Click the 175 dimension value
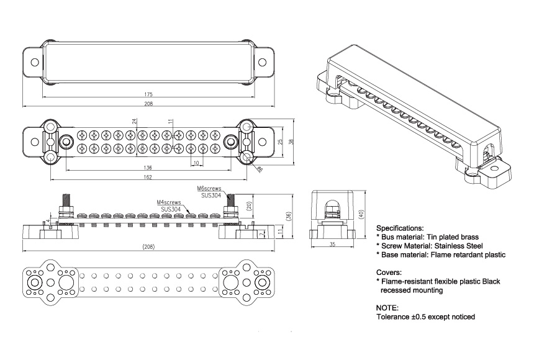point(148,94)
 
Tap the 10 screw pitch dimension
point(196,163)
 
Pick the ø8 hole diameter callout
point(260,168)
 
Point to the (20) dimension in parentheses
point(248,205)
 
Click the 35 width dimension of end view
point(332,245)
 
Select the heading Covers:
point(390,272)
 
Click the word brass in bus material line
point(467,236)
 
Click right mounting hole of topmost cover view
point(262,62)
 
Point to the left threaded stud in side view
point(65,203)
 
